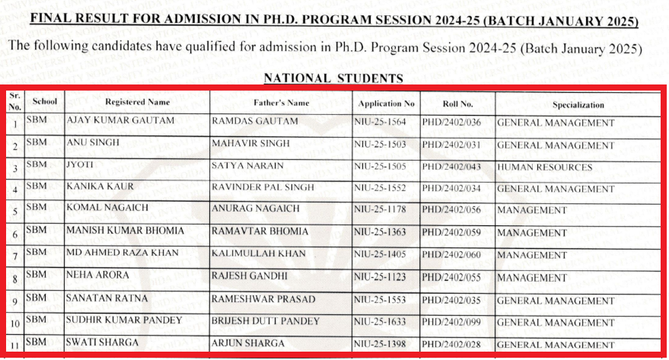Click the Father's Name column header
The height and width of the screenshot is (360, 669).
click(281, 103)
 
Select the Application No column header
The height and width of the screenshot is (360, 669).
click(385, 103)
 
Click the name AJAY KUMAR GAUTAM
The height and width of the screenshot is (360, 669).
click(121, 121)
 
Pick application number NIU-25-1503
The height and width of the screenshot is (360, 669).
click(381, 145)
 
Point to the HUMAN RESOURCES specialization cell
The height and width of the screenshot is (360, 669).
click(544, 167)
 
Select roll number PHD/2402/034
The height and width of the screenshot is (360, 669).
click(454, 190)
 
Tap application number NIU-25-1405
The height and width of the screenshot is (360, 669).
click(381, 254)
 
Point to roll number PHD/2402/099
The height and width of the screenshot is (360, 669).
click(454, 321)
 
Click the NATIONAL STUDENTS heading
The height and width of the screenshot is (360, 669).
click(333, 78)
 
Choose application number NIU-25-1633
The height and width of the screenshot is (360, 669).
click(381, 321)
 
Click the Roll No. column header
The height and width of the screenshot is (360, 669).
click(457, 103)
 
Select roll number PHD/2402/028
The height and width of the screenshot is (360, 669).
click(454, 344)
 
